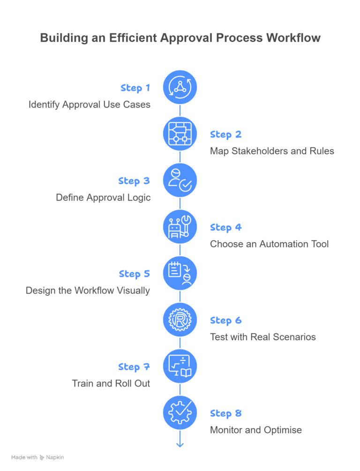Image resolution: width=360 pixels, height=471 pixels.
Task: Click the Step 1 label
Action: [135, 88]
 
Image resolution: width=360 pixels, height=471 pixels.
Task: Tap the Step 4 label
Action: [226, 228]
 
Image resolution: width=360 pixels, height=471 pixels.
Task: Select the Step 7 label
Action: [134, 367]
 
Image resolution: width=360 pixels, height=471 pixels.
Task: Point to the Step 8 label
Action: [226, 413]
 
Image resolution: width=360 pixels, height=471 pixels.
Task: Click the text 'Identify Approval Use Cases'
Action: [90, 105]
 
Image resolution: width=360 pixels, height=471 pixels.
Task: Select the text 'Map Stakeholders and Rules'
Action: [272, 151]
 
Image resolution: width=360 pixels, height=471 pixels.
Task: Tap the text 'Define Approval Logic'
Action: [104, 198]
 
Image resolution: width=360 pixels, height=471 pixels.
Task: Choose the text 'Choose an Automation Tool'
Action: [269, 244]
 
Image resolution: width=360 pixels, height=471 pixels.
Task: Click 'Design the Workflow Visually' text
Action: [88, 290]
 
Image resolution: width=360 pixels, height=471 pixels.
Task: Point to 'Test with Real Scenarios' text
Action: [262, 337]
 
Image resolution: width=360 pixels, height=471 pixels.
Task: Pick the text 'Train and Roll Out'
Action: [111, 383]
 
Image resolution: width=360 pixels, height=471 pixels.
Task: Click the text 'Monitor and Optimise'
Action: [255, 430]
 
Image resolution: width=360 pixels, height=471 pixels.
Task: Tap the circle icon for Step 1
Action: [180, 87]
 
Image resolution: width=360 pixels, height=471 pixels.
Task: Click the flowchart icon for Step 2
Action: [180, 134]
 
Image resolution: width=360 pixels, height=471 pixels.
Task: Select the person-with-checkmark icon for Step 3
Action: [180, 180]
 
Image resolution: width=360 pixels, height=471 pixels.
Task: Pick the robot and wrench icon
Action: [180, 227]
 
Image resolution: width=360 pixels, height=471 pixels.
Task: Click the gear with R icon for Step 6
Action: [180, 319]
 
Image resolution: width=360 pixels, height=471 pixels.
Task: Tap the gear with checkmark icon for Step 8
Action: [180, 412]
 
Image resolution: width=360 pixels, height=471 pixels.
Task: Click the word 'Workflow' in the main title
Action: [293, 38]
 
